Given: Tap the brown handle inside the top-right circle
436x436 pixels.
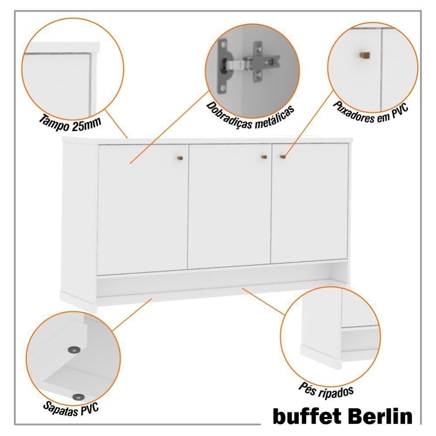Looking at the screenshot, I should coord(364,55).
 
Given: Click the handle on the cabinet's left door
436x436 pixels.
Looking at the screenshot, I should coord(181,157).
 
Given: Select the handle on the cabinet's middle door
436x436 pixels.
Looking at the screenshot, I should coord(264,157).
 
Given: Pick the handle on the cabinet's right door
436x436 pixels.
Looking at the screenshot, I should coord(283,156).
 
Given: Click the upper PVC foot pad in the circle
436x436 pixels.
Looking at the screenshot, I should coord(74,349).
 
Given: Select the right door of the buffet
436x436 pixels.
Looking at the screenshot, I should coord(310,203).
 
